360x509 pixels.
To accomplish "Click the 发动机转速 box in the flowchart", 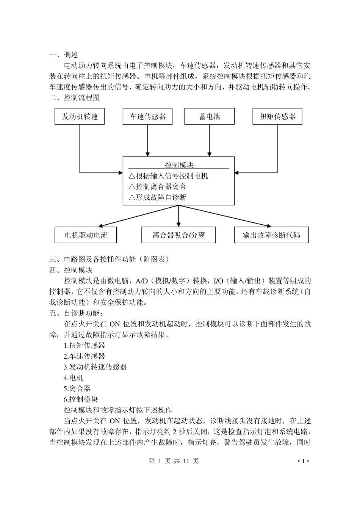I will click(80, 116).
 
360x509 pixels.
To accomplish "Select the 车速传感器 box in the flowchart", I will click(148, 116).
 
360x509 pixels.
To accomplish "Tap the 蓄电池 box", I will click(210, 116).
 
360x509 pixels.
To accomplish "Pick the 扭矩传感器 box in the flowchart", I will click(277, 116).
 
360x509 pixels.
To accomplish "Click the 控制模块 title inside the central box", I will click(179, 165).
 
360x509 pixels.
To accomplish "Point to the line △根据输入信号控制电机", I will click(168, 176).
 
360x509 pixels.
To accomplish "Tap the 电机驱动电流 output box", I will click(86, 235).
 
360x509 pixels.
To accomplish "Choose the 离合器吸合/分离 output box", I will click(178, 235).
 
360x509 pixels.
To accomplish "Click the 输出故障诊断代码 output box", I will click(271, 235).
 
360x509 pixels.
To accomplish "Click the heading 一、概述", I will click(64, 55).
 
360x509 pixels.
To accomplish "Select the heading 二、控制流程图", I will click(75, 98).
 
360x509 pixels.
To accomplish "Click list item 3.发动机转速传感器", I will click(95, 367).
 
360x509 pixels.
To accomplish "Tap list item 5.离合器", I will click(77, 388).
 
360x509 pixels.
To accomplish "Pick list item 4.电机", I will click(74, 378).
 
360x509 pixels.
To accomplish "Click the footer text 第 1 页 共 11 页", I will click(174, 461).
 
